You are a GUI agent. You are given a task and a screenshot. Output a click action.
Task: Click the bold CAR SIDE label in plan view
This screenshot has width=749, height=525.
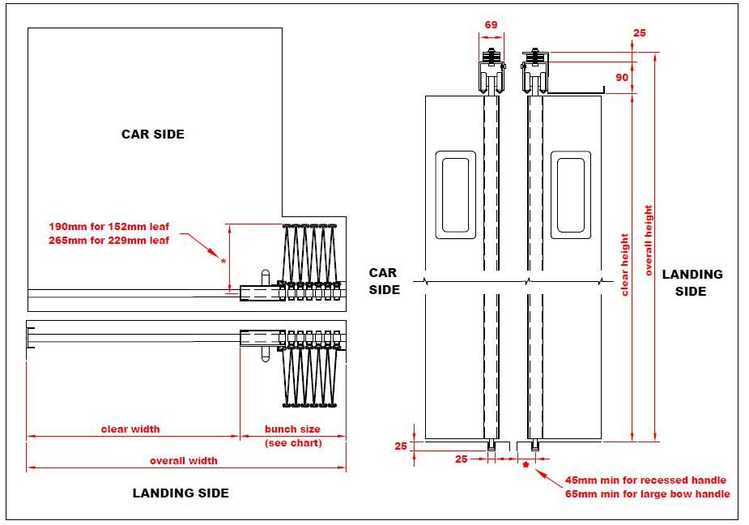point(152,134)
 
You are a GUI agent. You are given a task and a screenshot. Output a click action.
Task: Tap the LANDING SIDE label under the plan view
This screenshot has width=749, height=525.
point(181,493)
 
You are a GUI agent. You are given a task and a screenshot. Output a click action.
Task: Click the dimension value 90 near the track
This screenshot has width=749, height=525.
point(622,77)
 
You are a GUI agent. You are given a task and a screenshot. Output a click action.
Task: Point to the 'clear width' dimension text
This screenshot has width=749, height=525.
point(130,429)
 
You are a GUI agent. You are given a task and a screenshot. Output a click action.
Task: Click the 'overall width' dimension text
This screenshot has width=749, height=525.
point(183,460)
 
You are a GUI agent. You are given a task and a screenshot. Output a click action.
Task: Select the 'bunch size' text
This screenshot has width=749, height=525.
point(293,429)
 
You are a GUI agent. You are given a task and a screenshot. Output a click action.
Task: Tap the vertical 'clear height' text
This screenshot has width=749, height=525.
point(624,265)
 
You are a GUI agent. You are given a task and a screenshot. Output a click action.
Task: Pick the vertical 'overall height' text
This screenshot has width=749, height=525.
point(649,241)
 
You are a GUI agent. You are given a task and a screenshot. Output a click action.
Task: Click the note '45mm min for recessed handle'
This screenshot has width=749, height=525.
point(645,480)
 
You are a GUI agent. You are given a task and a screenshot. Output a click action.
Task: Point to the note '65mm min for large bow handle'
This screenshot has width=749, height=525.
point(647,493)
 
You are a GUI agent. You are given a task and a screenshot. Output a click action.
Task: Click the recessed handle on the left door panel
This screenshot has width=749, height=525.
point(456,194)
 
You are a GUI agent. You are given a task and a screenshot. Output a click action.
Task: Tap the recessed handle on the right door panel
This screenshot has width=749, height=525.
point(570,194)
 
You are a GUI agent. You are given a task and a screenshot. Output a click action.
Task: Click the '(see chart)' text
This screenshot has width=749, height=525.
point(293,442)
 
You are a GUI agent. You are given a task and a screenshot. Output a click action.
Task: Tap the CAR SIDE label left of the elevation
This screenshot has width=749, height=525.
point(385,280)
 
